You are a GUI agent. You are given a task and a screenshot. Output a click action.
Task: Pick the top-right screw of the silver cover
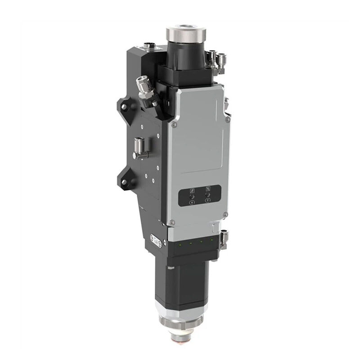(228, 120)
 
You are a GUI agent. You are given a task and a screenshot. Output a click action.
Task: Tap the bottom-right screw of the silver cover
(225, 214)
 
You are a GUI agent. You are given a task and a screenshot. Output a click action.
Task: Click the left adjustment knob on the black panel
(190, 197)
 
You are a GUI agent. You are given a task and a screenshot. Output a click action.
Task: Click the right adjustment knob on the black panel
(207, 195)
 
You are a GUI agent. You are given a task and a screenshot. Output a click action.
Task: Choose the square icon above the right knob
(207, 189)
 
